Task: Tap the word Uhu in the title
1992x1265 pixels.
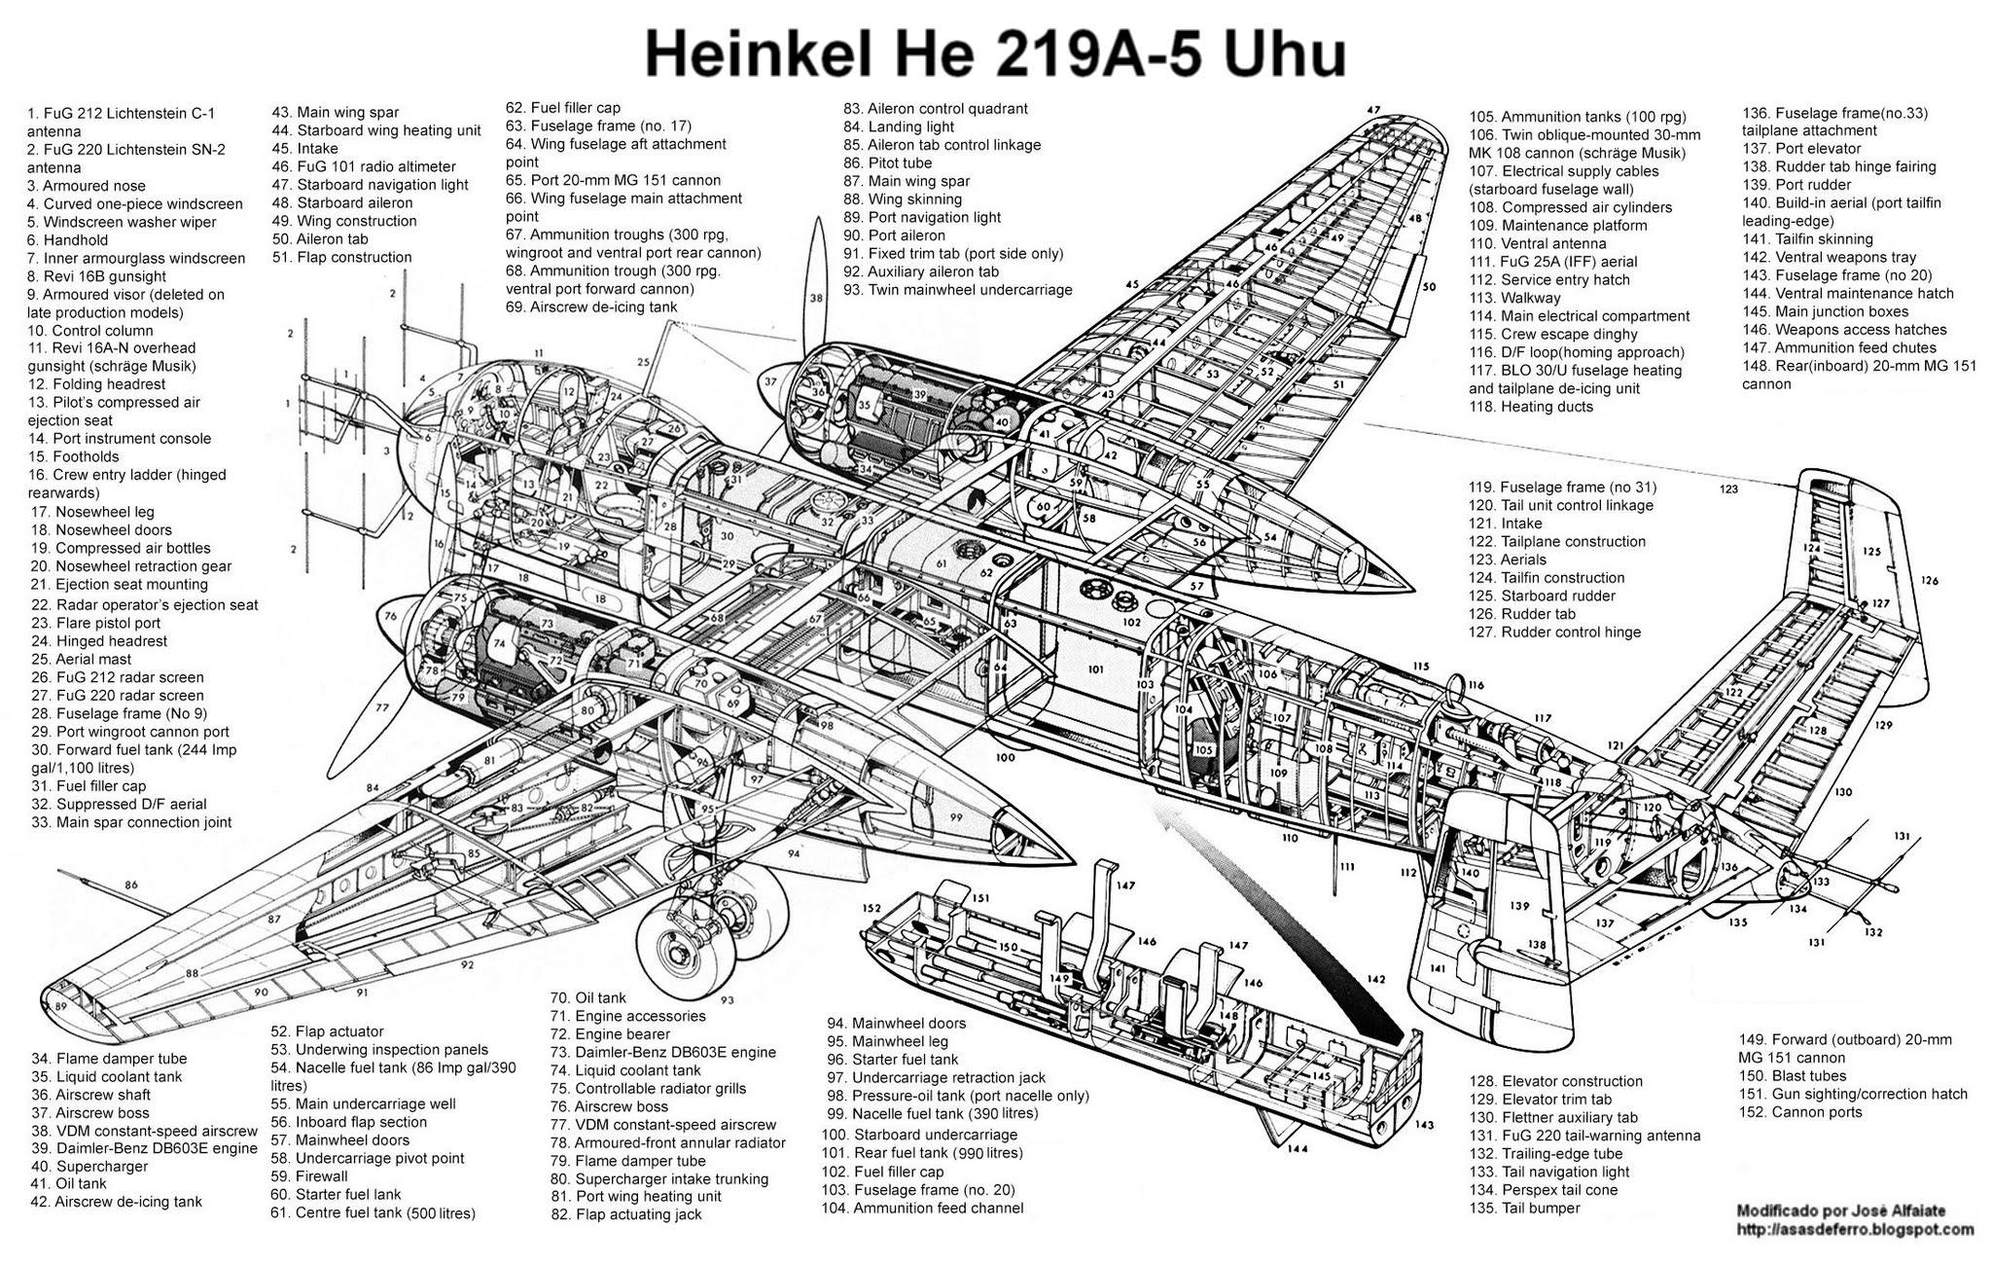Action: coord(1284,54)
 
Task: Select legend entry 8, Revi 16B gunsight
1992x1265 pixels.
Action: coord(97,276)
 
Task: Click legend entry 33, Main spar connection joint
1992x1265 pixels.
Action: coord(131,822)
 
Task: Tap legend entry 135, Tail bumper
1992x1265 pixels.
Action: coord(1525,1209)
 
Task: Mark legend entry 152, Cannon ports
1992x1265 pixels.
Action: coord(1800,1112)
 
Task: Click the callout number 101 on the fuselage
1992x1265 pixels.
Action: coord(1096,669)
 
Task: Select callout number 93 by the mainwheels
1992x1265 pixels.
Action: coord(727,998)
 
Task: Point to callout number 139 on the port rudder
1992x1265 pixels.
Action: coord(1519,906)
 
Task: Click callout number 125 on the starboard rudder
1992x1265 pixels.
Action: coord(1872,551)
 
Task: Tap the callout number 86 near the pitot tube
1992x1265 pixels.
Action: coord(131,885)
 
